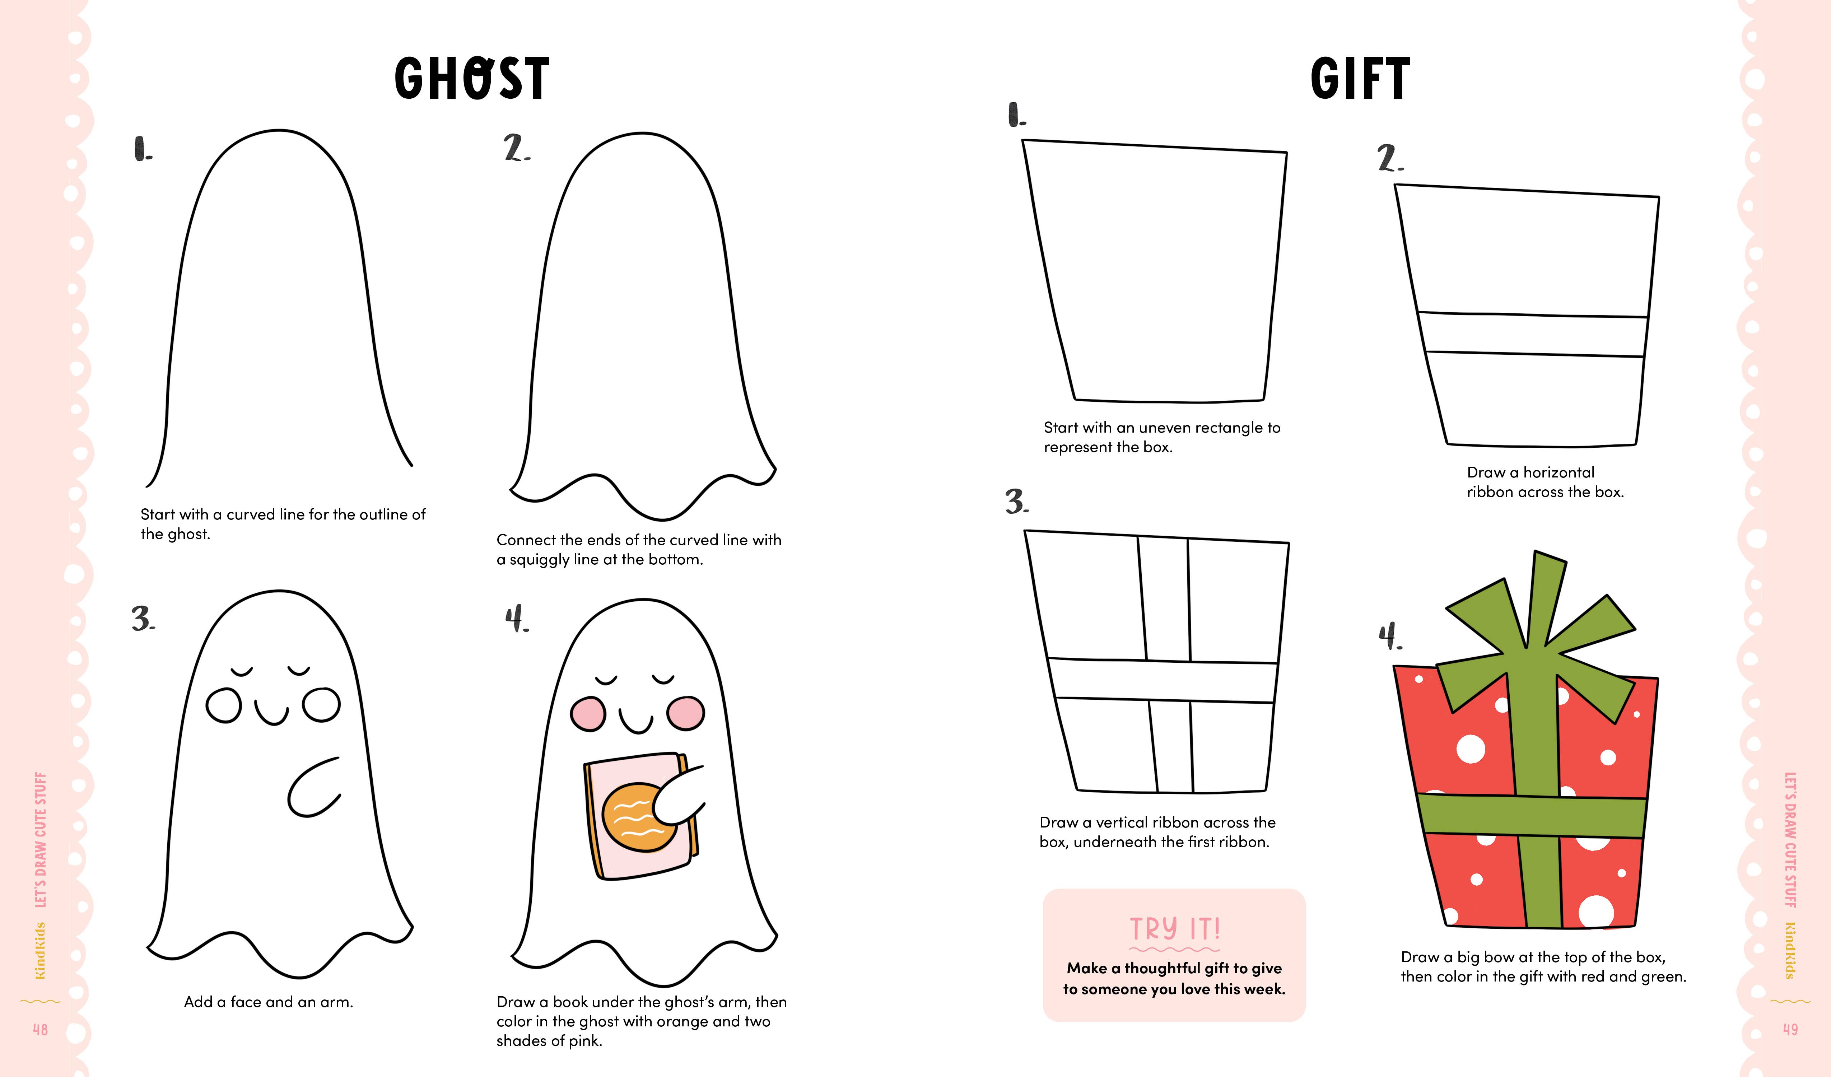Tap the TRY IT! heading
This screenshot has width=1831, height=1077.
pos(1174,929)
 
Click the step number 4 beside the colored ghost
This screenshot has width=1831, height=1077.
pos(517,619)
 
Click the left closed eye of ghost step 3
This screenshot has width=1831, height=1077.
pos(242,671)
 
